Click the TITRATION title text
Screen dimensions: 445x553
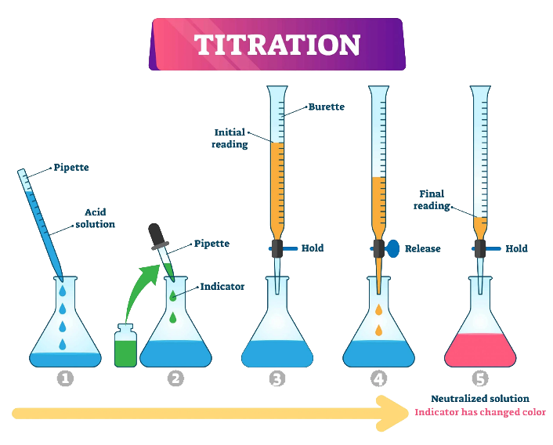coord(277,45)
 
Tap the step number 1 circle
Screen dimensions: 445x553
coord(66,379)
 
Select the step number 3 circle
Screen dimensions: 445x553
coord(276,379)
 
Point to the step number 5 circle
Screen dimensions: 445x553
coord(480,379)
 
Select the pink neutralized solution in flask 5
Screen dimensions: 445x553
coord(480,349)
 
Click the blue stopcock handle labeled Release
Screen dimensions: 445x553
coord(392,248)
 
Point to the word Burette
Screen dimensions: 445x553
coord(326,107)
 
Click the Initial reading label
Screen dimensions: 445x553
coord(230,138)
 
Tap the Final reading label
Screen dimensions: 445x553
coord(432,200)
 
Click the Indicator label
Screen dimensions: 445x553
coord(222,287)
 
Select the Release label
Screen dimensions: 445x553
coord(422,249)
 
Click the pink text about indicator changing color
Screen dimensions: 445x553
coord(479,413)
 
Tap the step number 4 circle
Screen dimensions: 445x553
coord(379,379)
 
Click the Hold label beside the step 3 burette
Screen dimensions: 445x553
coord(312,248)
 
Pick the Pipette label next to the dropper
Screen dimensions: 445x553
coord(211,244)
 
